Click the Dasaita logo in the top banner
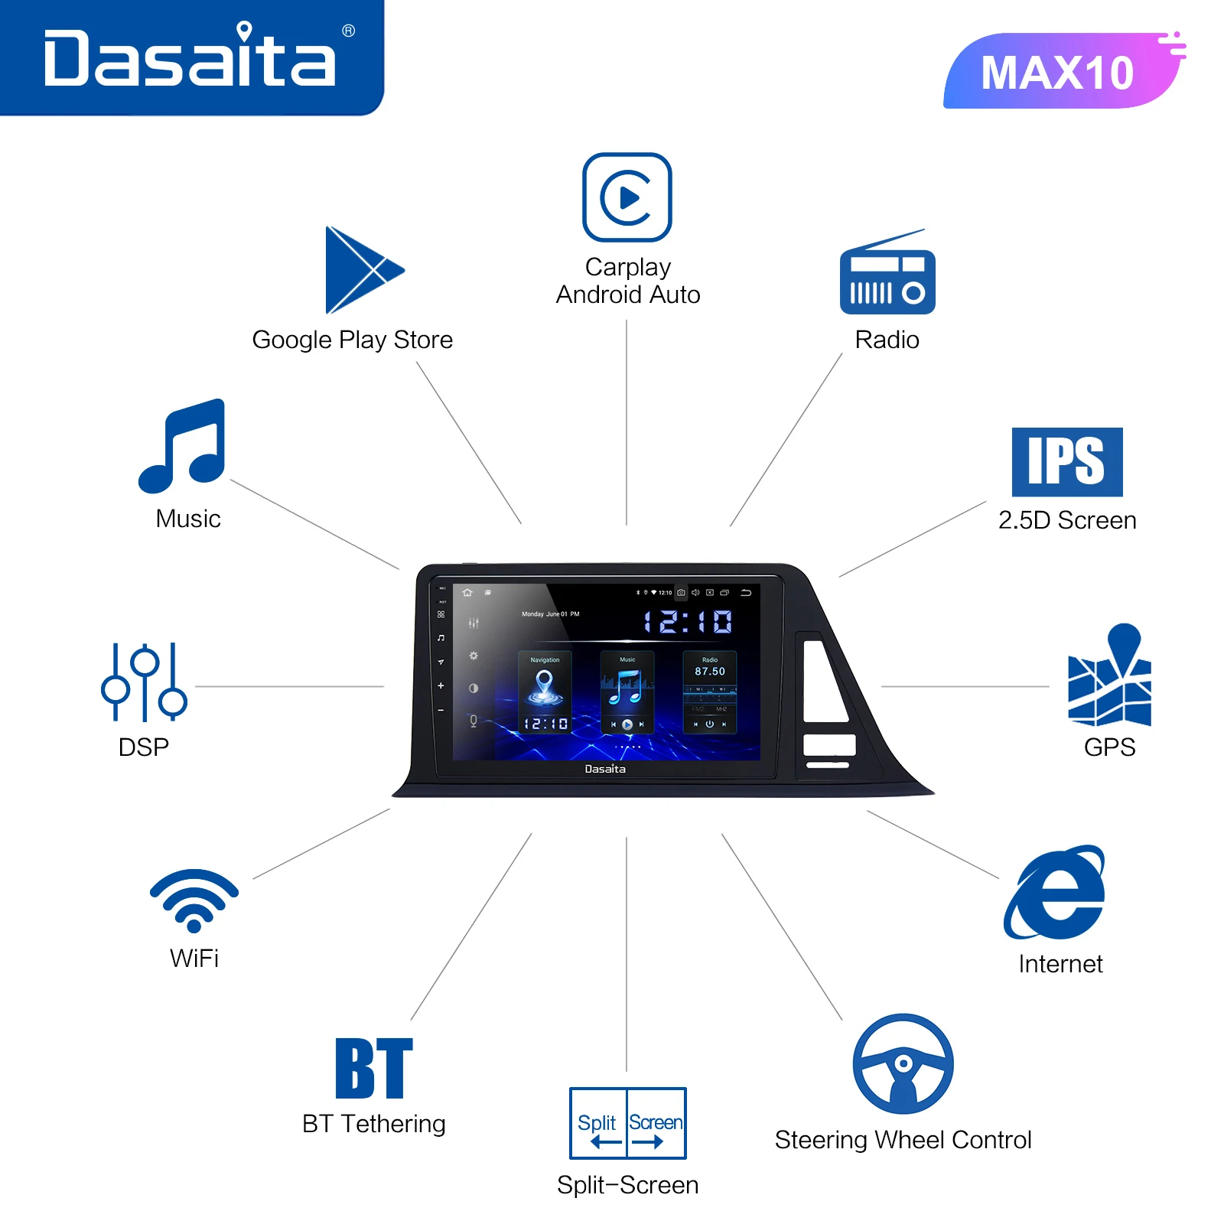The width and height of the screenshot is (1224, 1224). tap(190, 58)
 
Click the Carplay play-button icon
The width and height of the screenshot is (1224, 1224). tap(627, 197)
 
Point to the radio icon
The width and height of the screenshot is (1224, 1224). tap(887, 275)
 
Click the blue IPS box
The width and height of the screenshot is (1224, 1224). tap(1067, 462)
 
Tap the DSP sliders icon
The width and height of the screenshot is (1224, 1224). tap(144, 682)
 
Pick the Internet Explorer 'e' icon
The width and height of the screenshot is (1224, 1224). tap(1056, 894)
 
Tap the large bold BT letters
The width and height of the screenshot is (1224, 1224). tap(374, 1069)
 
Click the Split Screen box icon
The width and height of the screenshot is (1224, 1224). tap(628, 1123)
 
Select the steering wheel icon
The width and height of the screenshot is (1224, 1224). tap(903, 1064)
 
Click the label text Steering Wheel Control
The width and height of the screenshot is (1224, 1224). tap(903, 1140)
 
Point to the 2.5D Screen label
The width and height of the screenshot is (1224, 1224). tap(1067, 520)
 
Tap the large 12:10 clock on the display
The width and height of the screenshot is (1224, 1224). tap(688, 622)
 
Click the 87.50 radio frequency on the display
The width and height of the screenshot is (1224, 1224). tap(710, 671)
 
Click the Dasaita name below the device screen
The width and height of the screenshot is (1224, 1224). tap(605, 769)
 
